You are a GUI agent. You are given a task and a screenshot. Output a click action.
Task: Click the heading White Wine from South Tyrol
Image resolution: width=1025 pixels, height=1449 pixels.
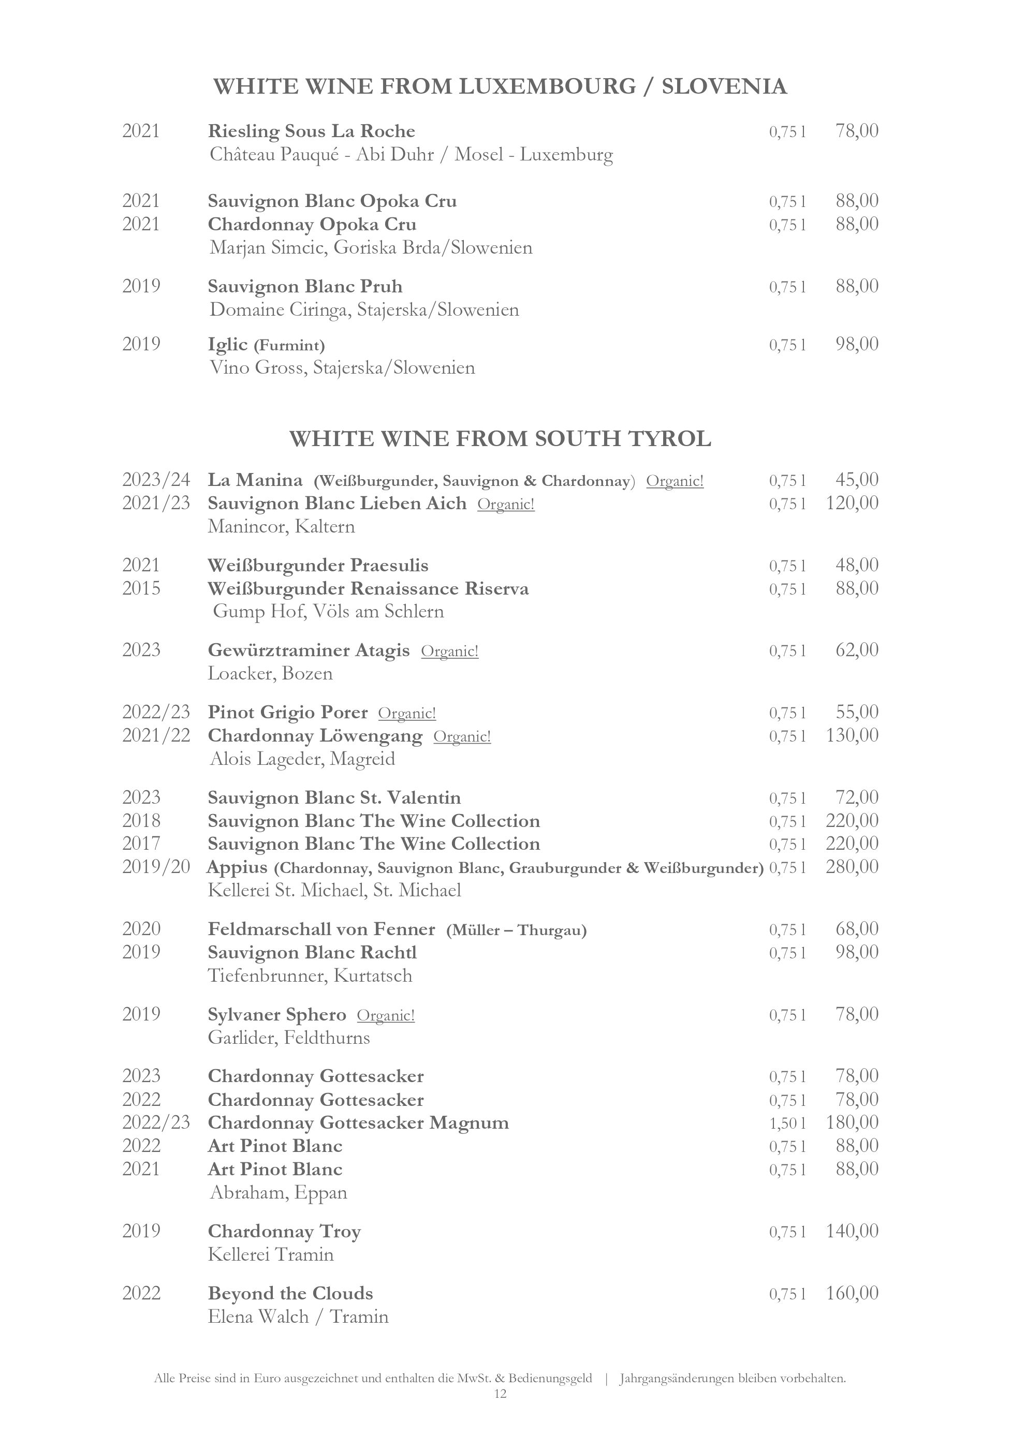[x=500, y=439]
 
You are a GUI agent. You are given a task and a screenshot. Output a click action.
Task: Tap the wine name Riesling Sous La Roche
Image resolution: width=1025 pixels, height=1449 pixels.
[x=311, y=131]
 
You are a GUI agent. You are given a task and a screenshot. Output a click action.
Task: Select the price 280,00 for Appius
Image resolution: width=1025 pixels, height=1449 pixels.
[x=852, y=866]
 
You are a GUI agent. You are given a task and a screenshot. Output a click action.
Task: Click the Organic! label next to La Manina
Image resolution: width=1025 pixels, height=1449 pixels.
[x=675, y=481]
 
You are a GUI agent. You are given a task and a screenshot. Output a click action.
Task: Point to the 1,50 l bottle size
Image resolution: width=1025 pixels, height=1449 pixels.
[x=787, y=1123]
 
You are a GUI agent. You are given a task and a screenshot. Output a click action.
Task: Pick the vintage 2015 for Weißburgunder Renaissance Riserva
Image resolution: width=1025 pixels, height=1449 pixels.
[x=141, y=588]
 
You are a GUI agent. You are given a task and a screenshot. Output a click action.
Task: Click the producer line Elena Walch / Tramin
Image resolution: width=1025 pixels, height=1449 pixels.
[x=298, y=1317]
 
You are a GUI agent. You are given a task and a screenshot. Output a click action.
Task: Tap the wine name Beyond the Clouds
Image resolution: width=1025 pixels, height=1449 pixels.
[x=290, y=1294]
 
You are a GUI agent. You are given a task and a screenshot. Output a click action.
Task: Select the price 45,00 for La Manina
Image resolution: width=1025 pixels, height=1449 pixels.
[x=857, y=480]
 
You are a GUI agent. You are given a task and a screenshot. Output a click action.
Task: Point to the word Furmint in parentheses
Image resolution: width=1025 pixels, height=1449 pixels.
[x=289, y=345]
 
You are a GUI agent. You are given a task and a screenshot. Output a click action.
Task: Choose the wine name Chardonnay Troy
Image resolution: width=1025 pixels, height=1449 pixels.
[x=284, y=1231]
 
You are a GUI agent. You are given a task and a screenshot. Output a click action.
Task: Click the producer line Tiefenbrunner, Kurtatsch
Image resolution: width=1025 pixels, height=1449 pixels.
[x=310, y=975]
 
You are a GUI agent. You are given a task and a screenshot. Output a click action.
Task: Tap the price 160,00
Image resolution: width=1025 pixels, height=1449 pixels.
[x=852, y=1293]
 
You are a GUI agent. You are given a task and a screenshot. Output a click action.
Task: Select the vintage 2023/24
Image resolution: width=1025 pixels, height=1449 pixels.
[x=156, y=480]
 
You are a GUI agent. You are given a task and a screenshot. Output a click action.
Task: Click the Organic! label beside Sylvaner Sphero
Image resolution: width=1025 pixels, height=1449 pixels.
[x=386, y=1015]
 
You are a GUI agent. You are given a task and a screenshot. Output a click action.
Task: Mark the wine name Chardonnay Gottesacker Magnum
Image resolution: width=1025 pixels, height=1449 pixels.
[x=358, y=1123]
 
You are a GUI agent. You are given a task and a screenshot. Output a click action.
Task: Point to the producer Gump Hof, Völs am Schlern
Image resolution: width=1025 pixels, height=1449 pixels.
[x=328, y=612]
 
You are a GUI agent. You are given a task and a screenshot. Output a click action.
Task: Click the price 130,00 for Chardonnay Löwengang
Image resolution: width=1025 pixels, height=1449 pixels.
[x=852, y=735]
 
